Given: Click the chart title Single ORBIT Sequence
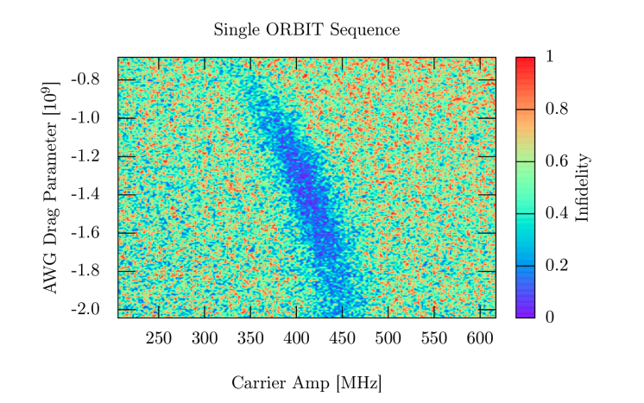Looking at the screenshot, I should (306, 30).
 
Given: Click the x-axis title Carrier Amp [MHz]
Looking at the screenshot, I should (306, 382).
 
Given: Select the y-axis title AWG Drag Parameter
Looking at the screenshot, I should (52, 187).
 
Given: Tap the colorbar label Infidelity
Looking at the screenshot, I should (582, 187).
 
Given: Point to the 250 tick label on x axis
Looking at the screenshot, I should (159, 337).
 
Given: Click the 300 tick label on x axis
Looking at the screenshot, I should (205, 337).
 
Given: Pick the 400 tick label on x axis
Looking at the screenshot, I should (296, 337).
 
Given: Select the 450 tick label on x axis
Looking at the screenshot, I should (343, 337).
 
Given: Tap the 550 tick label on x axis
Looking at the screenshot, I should (434, 337).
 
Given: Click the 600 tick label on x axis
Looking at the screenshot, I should (480, 337).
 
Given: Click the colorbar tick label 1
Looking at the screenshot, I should (549, 57).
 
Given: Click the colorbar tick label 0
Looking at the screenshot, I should (549, 317).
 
